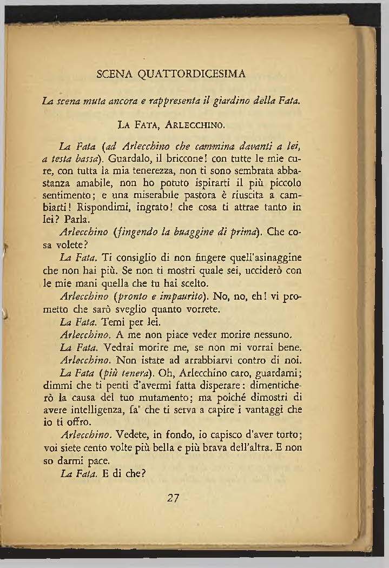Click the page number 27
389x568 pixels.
173,498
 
